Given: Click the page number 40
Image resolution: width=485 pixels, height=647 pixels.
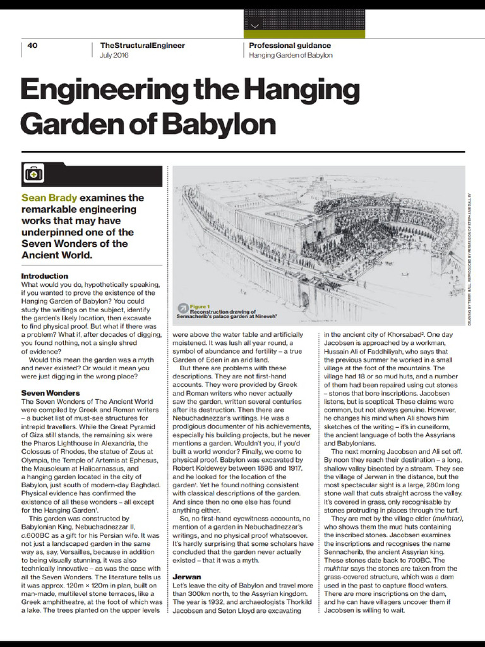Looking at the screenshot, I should tap(33, 45).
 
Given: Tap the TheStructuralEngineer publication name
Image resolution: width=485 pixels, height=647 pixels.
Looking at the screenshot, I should tap(142, 45).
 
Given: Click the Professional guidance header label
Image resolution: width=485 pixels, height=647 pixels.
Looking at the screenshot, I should tap(289, 45).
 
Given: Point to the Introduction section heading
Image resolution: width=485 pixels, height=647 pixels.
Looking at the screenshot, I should tap(45, 276).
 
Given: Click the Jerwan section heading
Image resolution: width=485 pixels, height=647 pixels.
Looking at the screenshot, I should tap(188, 577).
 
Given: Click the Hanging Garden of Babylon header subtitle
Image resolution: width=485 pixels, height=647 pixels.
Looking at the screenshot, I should tap(290, 56).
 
